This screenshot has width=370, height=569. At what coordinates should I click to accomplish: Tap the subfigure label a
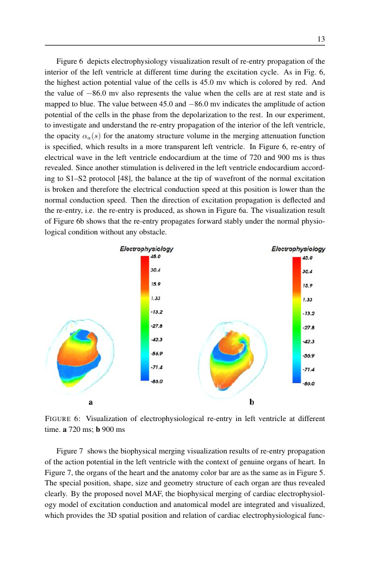click(x=91, y=402)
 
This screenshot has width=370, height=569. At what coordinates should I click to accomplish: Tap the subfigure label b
click(x=251, y=402)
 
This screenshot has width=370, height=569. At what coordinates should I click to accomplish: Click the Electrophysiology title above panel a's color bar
click(x=146, y=249)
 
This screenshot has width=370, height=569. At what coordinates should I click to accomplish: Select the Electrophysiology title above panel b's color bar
click(x=298, y=249)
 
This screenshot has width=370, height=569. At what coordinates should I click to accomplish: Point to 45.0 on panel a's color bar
click(x=155, y=257)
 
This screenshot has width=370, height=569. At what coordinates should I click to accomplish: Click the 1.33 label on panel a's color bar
click(x=154, y=298)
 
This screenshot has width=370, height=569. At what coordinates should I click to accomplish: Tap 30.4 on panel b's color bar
click(x=307, y=271)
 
